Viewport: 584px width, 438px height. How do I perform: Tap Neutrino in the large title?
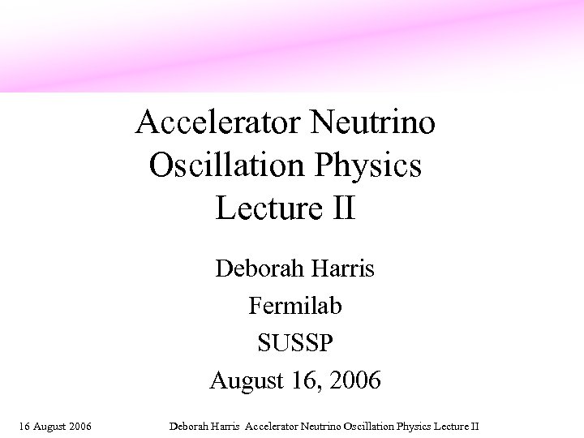pos(375,123)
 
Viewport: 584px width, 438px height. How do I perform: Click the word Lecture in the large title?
pos(264,208)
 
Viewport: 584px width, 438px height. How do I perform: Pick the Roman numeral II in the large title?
pos(342,208)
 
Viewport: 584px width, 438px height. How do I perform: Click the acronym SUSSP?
pos(295,343)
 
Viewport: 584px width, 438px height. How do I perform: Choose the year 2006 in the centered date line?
pos(354,380)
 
